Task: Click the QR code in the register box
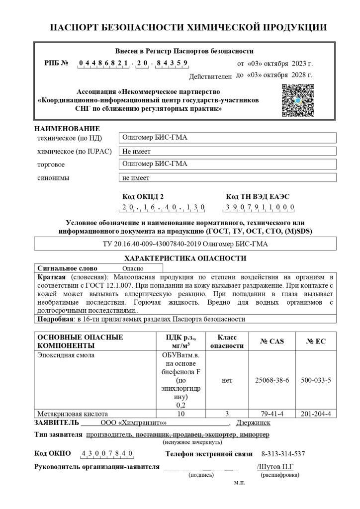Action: [x=298, y=100]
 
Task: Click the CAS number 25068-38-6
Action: [x=271, y=380]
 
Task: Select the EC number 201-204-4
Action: [x=316, y=414]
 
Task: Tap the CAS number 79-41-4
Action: [x=271, y=414]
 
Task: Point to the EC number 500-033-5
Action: [x=316, y=380]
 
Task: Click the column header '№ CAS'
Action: [x=271, y=341]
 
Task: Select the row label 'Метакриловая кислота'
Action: [x=73, y=414]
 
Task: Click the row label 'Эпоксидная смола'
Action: [x=66, y=355]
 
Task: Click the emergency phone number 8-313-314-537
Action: [x=283, y=454]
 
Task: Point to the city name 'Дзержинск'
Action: [x=253, y=423]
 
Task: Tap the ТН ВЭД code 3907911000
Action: [x=260, y=207]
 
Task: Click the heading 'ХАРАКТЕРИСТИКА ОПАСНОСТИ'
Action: [x=185, y=258]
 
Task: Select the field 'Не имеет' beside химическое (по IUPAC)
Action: [x=137, y=152]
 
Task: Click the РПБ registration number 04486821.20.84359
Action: [x=133, y=63]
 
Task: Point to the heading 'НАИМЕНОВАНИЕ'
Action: [x=67, y=129]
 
